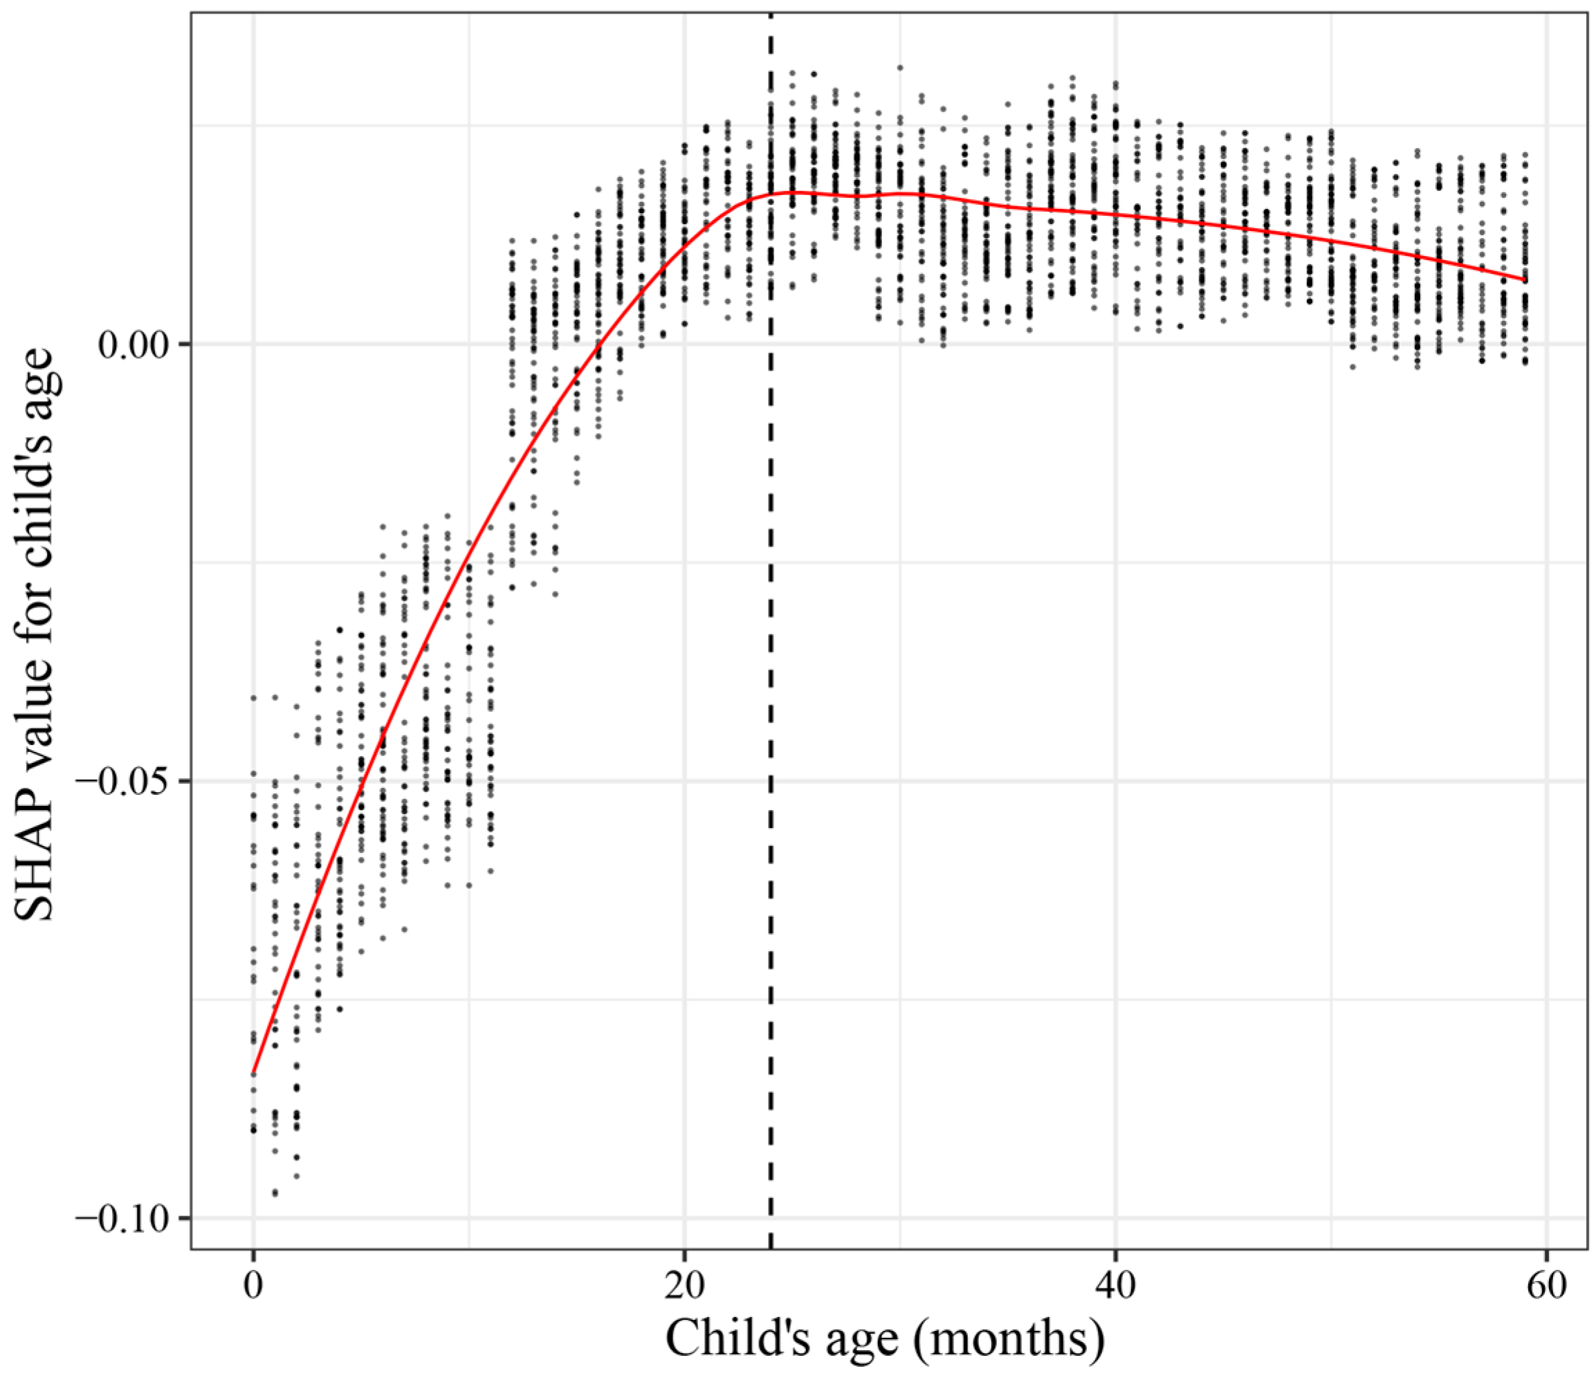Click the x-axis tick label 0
click(253, 1286)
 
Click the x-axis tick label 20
click(685, 1286)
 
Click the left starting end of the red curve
click(253, 1073)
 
